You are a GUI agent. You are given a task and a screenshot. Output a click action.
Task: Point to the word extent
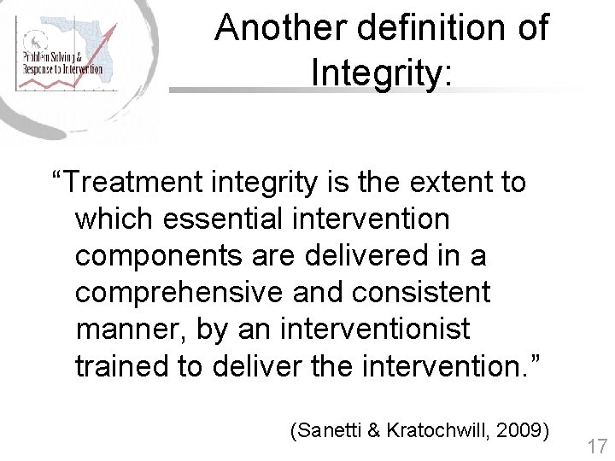coord(445,182)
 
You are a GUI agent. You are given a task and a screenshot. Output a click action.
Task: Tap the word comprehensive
coord(179,293)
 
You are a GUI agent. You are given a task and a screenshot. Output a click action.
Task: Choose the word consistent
coord(418,293)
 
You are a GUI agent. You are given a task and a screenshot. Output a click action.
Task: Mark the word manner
coord(132,330)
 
